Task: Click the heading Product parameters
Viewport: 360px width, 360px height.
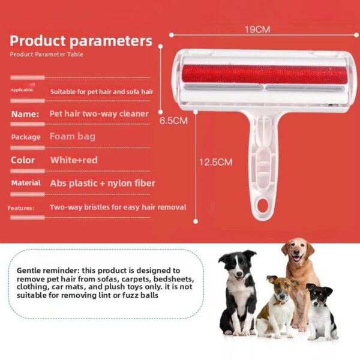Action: tap(81, 41)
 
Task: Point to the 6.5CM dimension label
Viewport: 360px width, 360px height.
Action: tap(173, 120)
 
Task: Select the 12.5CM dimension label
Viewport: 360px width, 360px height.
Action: tap(216, 162)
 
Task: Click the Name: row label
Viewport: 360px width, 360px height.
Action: tap(25, 113)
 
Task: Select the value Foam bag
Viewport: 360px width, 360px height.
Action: tap(72, 136)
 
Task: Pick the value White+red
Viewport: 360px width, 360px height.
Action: tap(74, 160)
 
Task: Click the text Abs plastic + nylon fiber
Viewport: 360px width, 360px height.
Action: tap(102, 183)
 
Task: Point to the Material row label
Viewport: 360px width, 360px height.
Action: tap(26, 183)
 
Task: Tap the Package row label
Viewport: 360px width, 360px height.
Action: tap(26, 137)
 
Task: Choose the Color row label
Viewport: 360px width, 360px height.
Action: tap(23, 160)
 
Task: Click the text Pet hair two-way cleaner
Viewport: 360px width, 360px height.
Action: tap(99, 113)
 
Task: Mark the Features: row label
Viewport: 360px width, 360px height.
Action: tap(21, 208)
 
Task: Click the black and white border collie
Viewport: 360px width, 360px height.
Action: tap(238, 288)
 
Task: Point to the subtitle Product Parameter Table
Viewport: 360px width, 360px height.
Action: tap(46, 55)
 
